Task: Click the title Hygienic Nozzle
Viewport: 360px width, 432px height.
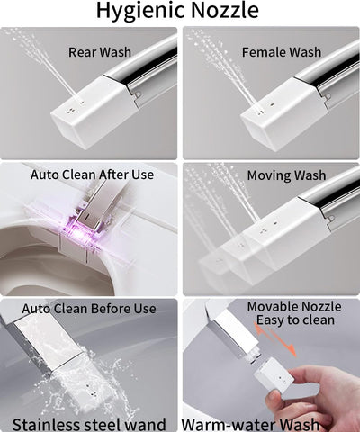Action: tap(180, 12)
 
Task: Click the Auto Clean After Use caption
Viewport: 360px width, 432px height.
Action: tap(93, 175)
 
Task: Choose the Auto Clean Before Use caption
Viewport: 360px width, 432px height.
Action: tap(89, 309)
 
